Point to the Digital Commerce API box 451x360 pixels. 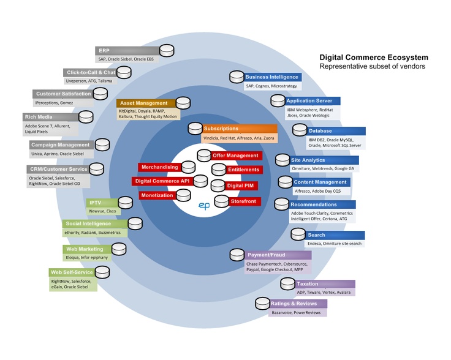[162, 181]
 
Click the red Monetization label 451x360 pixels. [157, 195]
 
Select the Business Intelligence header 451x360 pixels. [272, 77]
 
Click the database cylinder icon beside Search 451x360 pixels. [298, 234]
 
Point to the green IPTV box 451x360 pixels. [100, 203]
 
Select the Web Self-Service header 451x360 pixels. [72, 272]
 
